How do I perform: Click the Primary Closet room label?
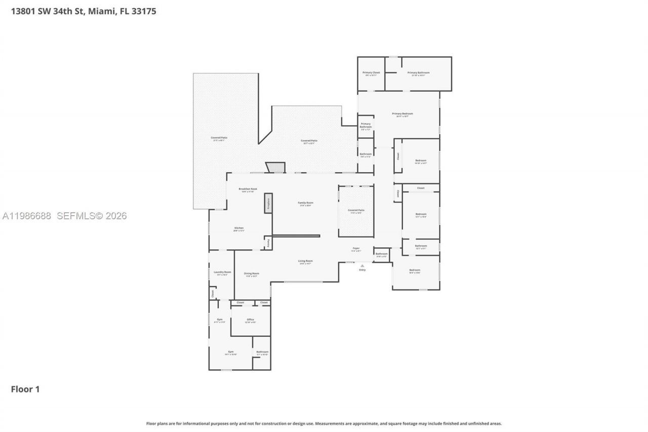coord(371,73)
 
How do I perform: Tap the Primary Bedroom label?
coord(402,114)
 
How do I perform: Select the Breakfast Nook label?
coord(248,189)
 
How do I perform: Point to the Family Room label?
coord(305,203)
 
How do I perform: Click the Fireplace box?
coord(268,203)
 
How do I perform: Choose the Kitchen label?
coord(239,228)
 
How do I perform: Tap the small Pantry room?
coord(268,244)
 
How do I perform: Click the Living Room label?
coord(305,261)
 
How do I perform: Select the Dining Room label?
coord(252,273)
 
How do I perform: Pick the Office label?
coord(250,320)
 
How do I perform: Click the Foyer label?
coord(356,249)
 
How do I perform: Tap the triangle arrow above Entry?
coord(362,265)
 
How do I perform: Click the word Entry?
coord(362,270)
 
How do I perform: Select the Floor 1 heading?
coord(25,389)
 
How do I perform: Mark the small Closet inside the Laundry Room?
coord(213,293)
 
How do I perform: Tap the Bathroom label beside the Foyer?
coord(382,254)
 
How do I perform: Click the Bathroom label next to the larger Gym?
coord(262,352)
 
